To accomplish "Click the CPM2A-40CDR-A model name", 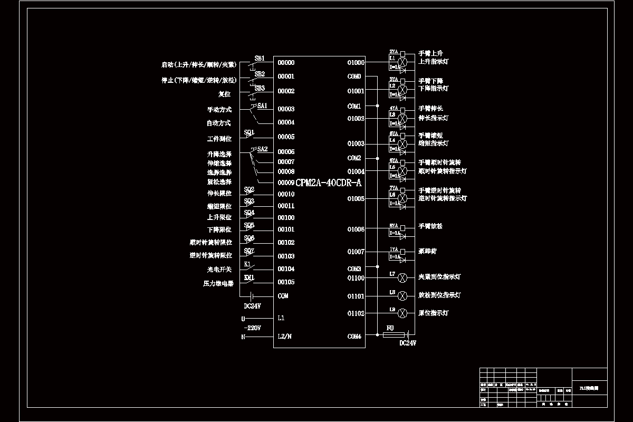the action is pos(328,183).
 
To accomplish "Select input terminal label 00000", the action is pos(286,63).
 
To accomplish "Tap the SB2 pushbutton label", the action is pos(260,74).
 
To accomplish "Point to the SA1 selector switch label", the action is pos(263,105).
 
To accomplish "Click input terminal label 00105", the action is pos(286,282).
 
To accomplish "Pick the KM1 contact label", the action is pos(249,277).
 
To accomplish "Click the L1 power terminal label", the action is pos(281,318).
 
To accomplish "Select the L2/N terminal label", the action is pos(285,337).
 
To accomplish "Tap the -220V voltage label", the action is pos(253,328).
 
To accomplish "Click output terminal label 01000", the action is pos(356,63).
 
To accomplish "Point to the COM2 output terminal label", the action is pos(354,158).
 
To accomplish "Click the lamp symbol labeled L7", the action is pos(402,277).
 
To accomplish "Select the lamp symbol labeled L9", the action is pos(402,313).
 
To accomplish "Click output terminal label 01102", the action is pos(356,313).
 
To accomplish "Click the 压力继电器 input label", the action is pos(218,283).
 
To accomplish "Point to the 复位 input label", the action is pos(225,94).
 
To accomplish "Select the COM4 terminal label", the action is pos(354,337).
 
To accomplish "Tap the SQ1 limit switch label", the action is pos(250,132).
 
